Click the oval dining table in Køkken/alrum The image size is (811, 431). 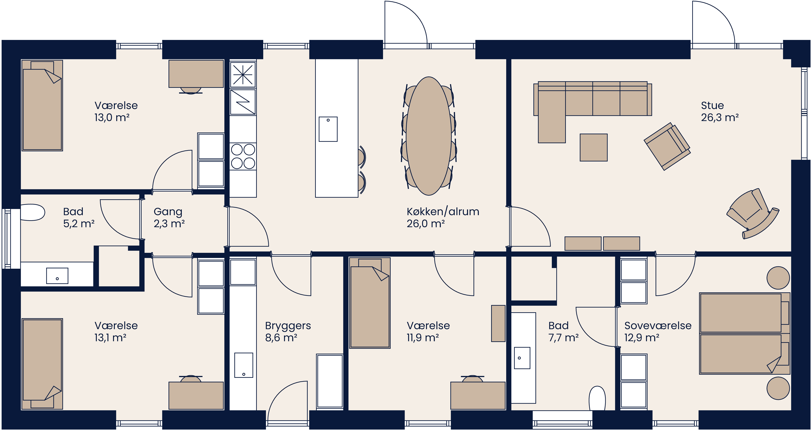(428, 136)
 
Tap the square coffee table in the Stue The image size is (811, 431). (593, 148)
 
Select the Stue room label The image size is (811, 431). (712, 105)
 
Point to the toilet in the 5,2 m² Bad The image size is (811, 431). (32, 212)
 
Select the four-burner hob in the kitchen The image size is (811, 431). (243, 156)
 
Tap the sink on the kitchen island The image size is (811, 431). (328, 129)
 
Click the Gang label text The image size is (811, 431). (168, 212)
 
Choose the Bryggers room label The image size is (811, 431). (288, 326)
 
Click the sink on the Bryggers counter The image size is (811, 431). (243, 365)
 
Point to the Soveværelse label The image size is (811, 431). (658, 326)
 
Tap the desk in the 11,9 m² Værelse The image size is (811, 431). (478, 396)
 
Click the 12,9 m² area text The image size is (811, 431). (642, 338)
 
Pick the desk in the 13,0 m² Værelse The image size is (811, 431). (196, 74)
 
